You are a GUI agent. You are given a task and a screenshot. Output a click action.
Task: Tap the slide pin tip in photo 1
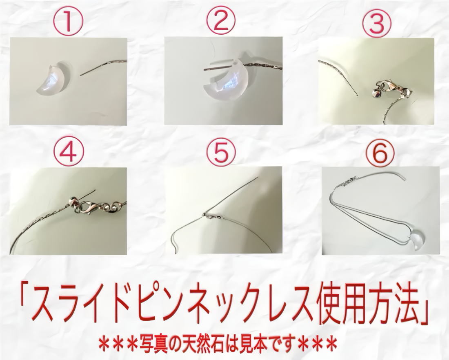coord(81,76)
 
